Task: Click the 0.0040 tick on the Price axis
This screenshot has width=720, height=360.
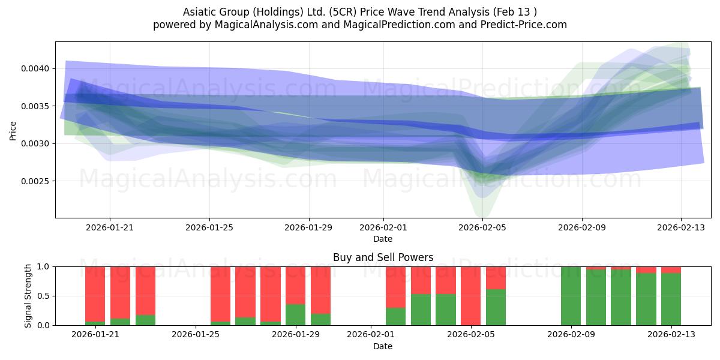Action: coord(35,69)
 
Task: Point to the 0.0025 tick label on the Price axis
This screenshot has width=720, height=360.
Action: coord(35,181)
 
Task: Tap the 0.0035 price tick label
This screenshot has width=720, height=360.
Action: coord(35,106)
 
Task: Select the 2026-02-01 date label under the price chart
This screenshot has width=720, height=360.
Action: coord(383,227)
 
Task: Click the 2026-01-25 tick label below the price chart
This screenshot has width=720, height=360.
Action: coord(209,227)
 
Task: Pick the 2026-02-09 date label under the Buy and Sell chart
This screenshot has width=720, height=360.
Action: coord(571,334)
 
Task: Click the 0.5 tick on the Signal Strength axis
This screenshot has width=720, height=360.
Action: coord(44,296)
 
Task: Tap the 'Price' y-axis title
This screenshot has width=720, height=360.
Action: coord(13,131)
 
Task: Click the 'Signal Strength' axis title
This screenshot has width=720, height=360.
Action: coord(28,296)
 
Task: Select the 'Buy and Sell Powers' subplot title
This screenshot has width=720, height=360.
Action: coord(383,257)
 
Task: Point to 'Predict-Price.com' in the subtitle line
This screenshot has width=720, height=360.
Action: coord(524,25)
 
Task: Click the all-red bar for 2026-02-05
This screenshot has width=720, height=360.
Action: coord(470,296)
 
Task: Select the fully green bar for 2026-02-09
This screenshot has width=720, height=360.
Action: coord(571,296)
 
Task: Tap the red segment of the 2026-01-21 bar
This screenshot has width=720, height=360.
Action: coord(95,294)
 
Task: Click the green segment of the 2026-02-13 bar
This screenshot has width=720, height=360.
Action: coord(671,299)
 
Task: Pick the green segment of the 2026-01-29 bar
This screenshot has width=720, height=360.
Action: coord(295,314)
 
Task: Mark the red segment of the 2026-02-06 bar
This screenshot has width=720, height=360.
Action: coord(496,278)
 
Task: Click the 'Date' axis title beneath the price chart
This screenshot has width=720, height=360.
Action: coord(383,239)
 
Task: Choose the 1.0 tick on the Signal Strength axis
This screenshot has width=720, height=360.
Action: coord(44,267)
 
